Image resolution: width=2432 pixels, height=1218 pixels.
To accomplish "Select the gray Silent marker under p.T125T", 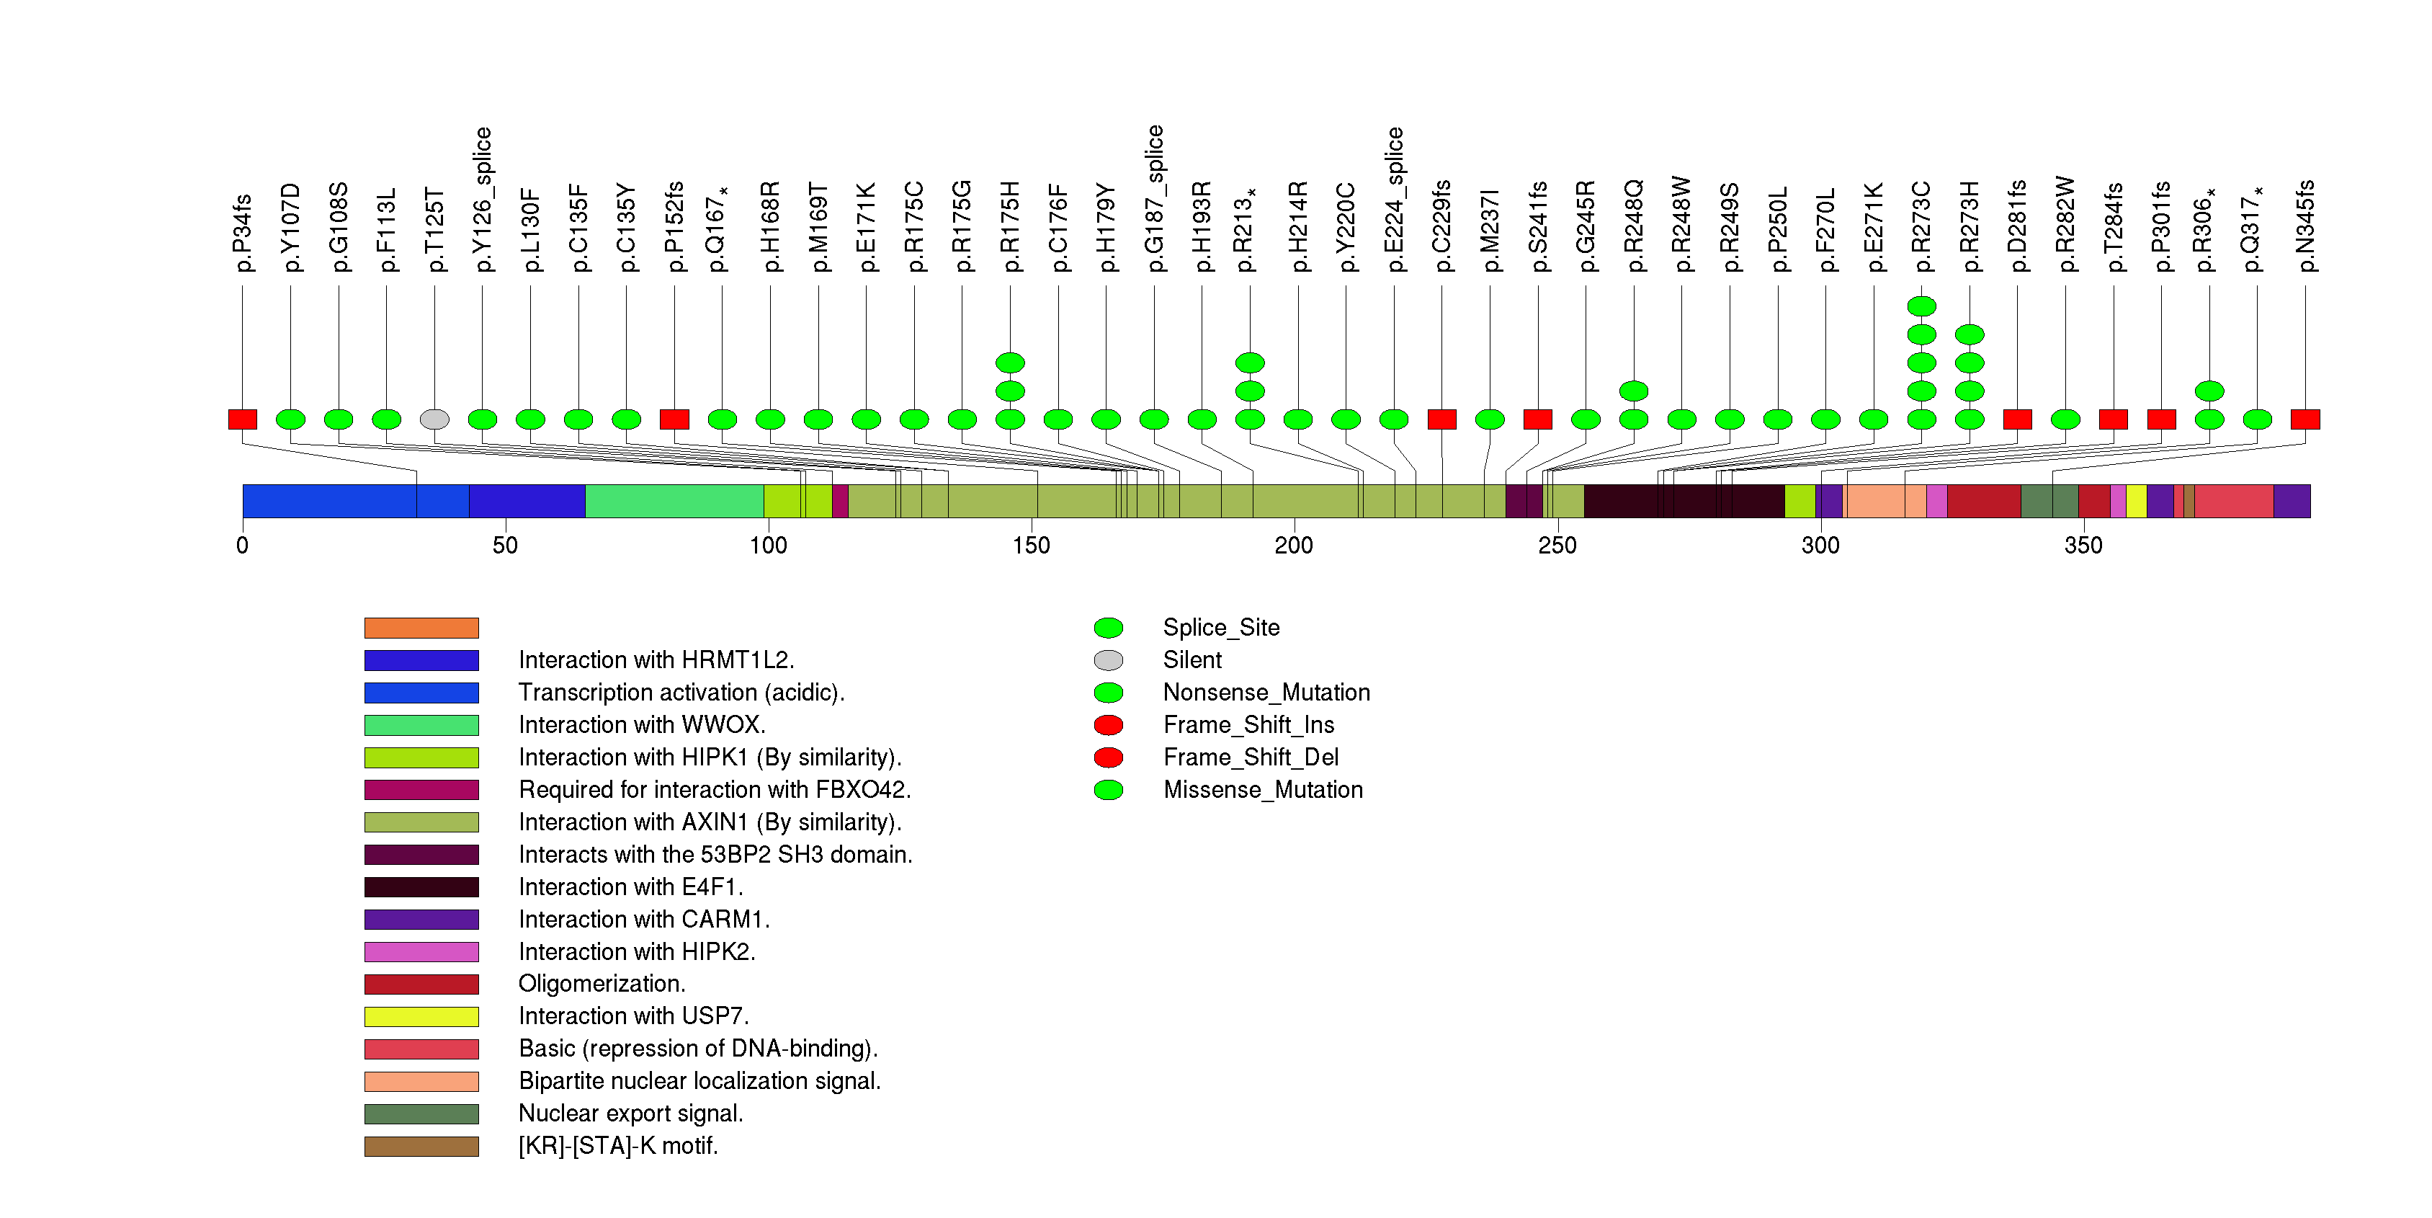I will [x=434, y=419].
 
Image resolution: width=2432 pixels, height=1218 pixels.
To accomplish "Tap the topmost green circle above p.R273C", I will [x=1921, y=306].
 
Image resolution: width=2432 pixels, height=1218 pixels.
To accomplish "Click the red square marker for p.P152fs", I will [x=674, y=419].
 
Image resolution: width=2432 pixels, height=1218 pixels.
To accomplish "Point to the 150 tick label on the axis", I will [x=1031, y=546].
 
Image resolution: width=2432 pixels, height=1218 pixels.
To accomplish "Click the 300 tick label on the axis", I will [x=1820, y=546].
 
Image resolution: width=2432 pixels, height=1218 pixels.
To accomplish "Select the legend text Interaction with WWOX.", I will [x=642, y=724].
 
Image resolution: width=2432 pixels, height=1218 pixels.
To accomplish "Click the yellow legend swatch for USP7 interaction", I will [x=421, y=1017].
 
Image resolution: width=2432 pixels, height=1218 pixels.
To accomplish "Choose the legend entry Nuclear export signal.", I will [x=630, y=1113].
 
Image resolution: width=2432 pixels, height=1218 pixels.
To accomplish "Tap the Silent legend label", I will [x=1192, y=660].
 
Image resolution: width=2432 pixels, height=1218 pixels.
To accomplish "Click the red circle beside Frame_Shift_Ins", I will [x=1109, y=725].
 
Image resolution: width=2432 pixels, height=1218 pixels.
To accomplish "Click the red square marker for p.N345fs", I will [x=2304, y=419].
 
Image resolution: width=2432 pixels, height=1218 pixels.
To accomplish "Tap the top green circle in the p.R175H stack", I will [x=1010, y=363].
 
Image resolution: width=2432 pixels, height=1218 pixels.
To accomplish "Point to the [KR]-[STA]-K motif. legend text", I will [x=618, y=1145].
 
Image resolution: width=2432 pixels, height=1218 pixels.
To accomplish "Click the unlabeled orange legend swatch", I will [x=421, y=628].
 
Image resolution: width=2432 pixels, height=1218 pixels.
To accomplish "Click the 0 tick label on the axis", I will [x=243, y=546].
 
